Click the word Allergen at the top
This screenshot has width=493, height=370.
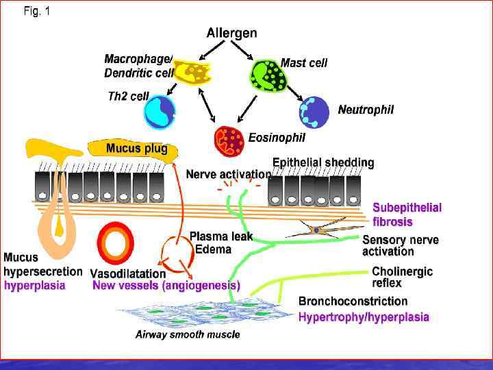tap(231, 33)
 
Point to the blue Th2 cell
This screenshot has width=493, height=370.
tap(160, 112)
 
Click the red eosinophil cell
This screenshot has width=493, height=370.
tap(229, 140)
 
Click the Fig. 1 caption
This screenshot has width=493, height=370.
tap(36, 12)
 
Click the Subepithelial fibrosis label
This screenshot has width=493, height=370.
tap(407, 214)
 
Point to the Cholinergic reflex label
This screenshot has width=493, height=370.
tap(402, 277)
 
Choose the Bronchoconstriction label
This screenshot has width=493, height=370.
tap(353, 301)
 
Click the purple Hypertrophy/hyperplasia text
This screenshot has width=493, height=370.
tap(364, 317)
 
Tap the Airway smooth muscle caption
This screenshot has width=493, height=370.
tap(187, 335)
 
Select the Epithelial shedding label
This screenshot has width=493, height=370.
tap(323, 163)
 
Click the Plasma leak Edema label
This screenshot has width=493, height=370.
tap(220, 243)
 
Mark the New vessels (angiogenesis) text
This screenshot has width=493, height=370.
tap(166, 285)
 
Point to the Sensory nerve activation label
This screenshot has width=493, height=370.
tap(400, 245)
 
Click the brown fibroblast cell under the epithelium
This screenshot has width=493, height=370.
tap(316, 231)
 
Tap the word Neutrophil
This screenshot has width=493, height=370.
tap(366, 110)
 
